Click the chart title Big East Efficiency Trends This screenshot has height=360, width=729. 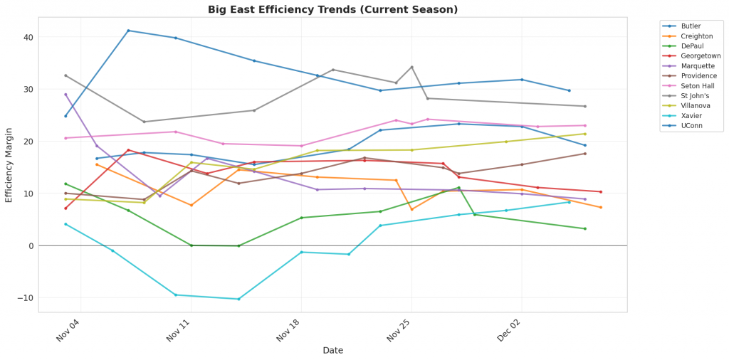332,9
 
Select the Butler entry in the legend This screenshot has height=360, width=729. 691,26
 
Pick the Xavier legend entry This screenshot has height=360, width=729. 691,115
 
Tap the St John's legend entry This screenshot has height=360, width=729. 694,95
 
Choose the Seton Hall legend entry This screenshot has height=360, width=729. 696,85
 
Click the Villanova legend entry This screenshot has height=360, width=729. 694,105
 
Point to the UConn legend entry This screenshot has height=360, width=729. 691,125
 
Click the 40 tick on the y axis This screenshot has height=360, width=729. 28,37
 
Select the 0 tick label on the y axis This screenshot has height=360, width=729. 31,246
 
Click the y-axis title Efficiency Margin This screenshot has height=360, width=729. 9,164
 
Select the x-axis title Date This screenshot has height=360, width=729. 332,350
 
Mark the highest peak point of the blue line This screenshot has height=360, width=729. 128,31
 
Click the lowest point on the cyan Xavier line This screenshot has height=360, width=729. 238,299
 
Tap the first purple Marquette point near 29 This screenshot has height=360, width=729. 65,95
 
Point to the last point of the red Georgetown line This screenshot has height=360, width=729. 600,192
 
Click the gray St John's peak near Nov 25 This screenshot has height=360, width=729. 411,67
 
